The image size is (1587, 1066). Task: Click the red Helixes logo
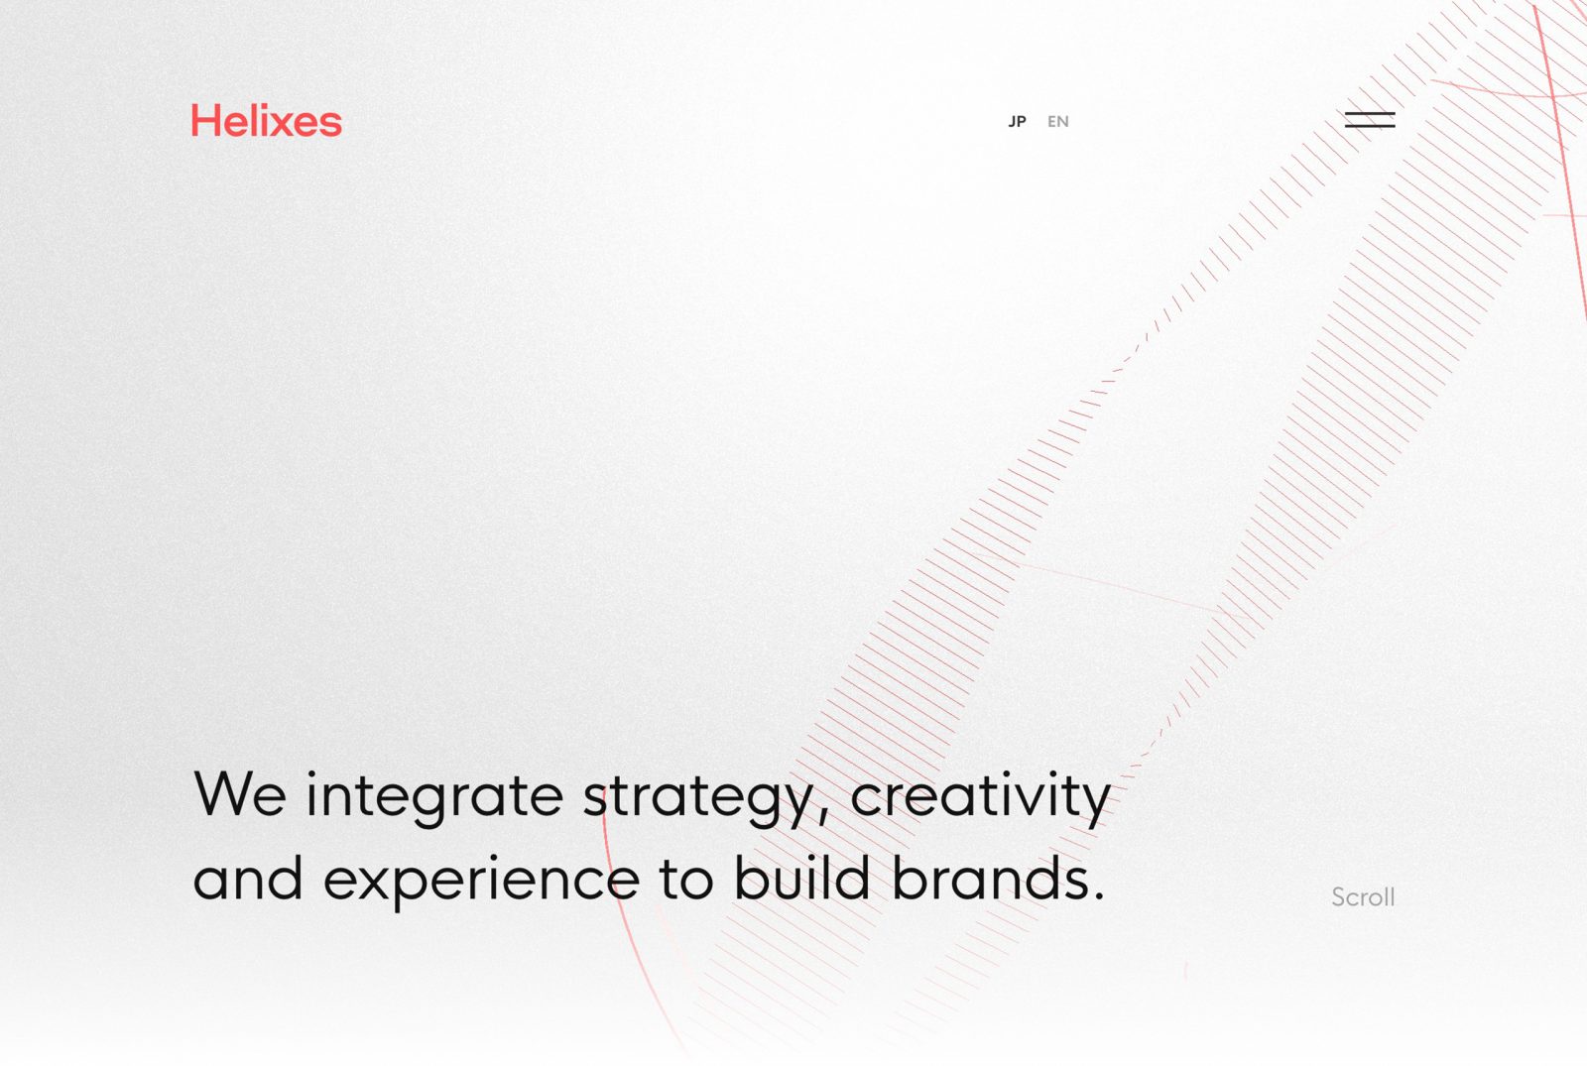pos(267,120)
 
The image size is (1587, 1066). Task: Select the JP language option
pos(1018,122)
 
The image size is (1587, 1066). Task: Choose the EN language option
pos(1057,122)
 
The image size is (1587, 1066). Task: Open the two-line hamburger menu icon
pos(1370,120)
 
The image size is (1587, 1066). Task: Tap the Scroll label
pos(1363,896)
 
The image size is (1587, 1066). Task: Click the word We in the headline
pos(240,794)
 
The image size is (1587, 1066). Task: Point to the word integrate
pos(434,797)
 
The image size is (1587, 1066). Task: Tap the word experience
pos(482,882)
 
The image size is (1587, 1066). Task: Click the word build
pos(801,877)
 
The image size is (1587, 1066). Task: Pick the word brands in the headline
pos(990,877)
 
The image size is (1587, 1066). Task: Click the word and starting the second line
pos(248,878)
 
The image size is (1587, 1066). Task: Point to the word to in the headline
pos(685,879)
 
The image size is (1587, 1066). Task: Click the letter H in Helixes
pos(205,120)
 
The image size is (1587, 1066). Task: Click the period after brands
pos(1099,894)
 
